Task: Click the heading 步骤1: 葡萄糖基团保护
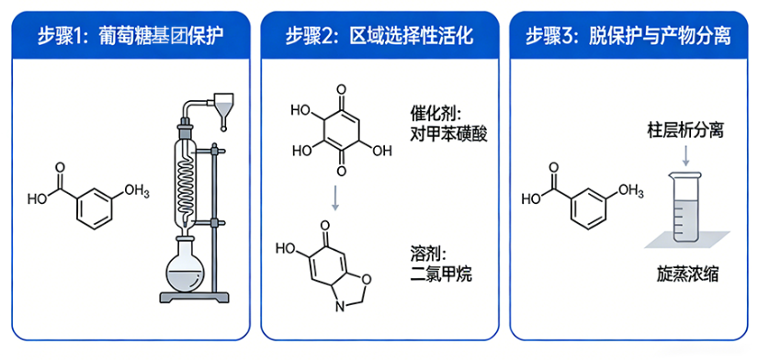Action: (x=130, y=36)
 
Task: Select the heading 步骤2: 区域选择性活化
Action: (x=379, y=36)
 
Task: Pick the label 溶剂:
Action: (x=425, y=253)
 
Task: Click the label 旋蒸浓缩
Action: (x=688, y=274)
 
